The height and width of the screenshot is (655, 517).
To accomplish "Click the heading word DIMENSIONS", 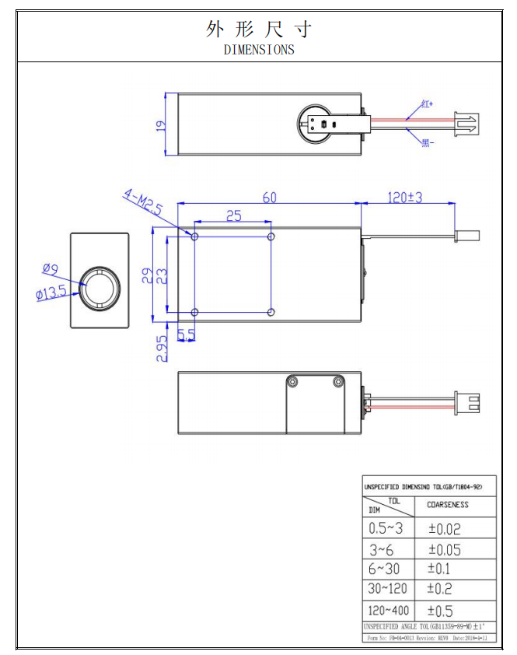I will pyautogui.click(x=259, y=50).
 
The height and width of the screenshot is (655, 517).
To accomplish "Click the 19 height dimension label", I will pyautogui.click(x=161, y=124).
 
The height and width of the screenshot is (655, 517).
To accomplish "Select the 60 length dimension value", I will pyautogui.click(x=269, y=198).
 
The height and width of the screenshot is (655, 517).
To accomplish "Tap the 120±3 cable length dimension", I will pyautogui.click(x=404, y=198).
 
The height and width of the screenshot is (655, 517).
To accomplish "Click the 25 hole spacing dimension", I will pyautogui.click(x=233, y=215).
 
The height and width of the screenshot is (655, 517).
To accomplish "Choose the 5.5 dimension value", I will pyautogui.click(x=187, y=335).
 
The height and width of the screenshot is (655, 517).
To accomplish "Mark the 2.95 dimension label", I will pyautogui.click(x=162, y=348).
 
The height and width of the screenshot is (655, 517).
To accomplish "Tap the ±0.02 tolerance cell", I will pyautogui.click(x=445, y=529).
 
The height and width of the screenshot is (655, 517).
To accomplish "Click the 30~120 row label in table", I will pyautogui.click(x=387, y=589).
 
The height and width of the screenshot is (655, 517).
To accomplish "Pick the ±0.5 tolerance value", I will pyautogui.click(x=440, y=611).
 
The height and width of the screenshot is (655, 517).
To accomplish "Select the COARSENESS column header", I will pyautogui.click(x=448, y=504).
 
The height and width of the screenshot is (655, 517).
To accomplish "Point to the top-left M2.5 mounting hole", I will pyautogui.click(x=194, y=236).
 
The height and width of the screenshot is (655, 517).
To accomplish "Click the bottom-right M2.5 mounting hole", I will pyautogui.click(x=271, y=312).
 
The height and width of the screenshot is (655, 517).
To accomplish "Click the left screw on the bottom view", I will pyautogui.click(x=292, y=381).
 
